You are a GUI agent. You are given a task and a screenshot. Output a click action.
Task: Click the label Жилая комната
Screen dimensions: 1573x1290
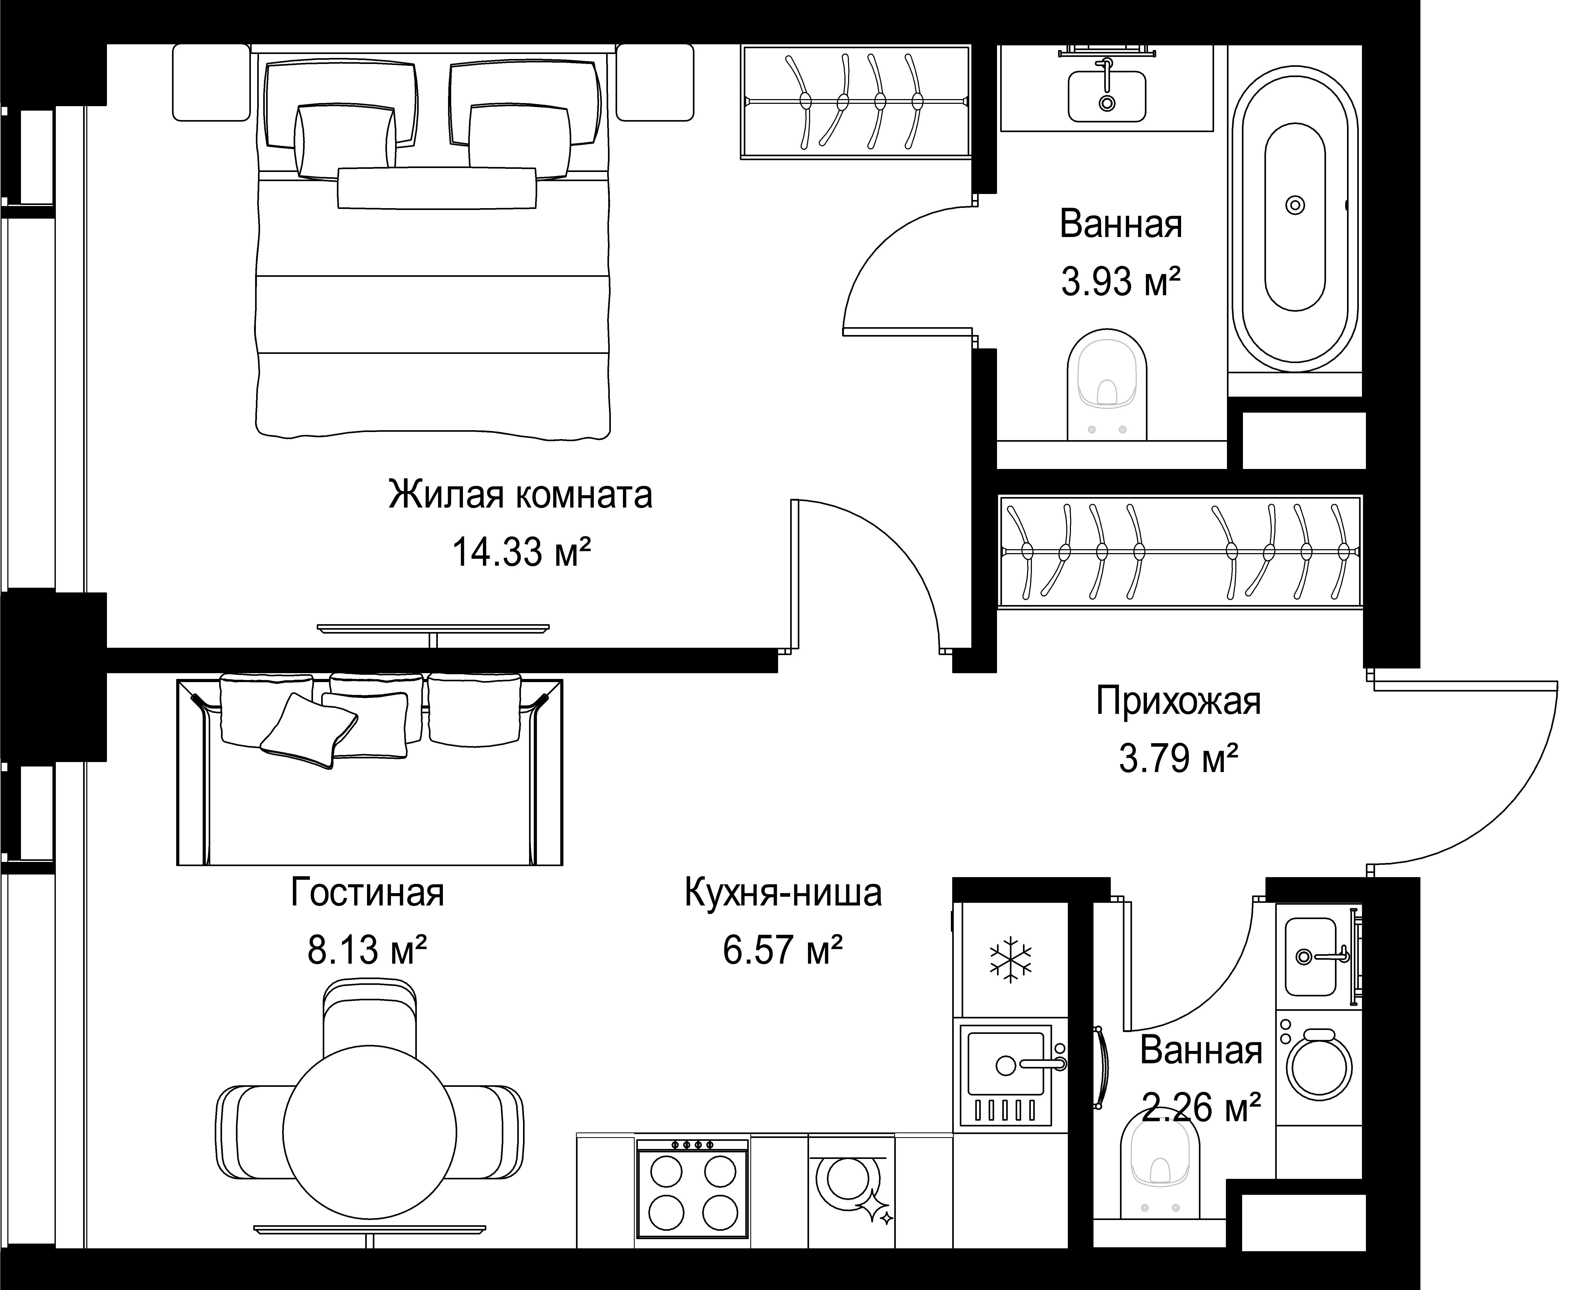[520, 495]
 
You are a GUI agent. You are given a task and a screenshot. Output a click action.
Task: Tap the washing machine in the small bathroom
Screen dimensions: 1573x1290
[1319, 1067]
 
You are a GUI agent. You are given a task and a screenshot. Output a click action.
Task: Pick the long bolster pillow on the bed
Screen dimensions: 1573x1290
[437, 188]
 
